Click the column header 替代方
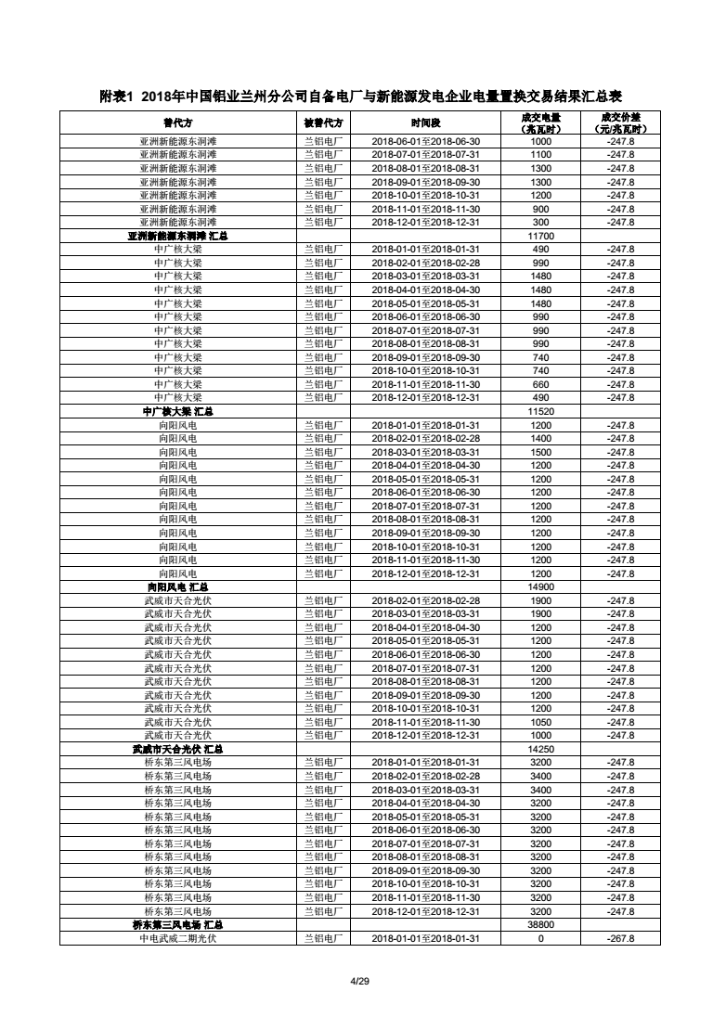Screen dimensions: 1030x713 (x=177, y=122)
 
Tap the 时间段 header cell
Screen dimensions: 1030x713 (x=425, y=122)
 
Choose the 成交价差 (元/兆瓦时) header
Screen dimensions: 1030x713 (x=620, y=122)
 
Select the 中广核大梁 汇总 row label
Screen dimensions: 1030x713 (x=177, y=411)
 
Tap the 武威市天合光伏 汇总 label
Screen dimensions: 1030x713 (x=177, y=749)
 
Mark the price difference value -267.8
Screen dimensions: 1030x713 (x=620, y=938)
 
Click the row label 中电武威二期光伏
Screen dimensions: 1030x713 (x=177, y=938)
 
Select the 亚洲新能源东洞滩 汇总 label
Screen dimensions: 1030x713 (x=177, y=236)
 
